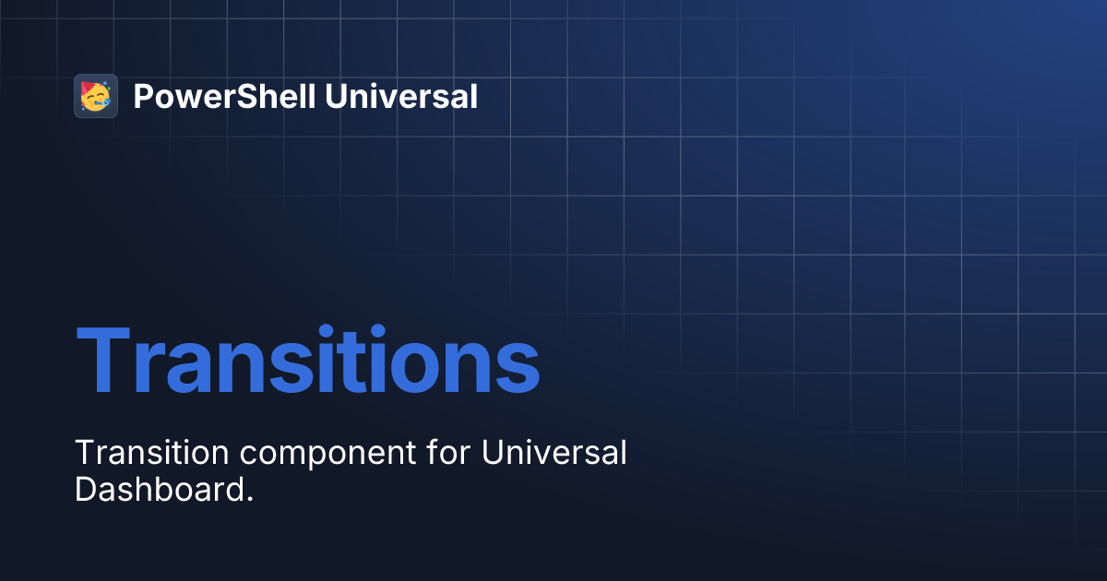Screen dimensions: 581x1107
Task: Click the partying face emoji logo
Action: point(95,96)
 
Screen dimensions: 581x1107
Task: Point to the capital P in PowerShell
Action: point(142,96)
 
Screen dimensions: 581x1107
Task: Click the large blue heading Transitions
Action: point(307,360)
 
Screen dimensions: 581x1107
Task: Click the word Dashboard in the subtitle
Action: point(158,490)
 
